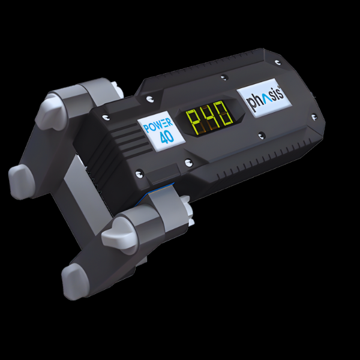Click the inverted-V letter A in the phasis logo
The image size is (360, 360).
(260, 99)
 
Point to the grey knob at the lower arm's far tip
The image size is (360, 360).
(76, 280)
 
